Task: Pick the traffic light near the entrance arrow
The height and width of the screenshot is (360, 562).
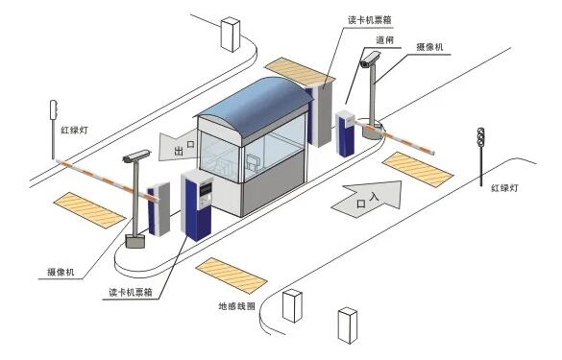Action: (479, 143)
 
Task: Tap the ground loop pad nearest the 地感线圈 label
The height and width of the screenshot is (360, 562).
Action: (232, 275)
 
